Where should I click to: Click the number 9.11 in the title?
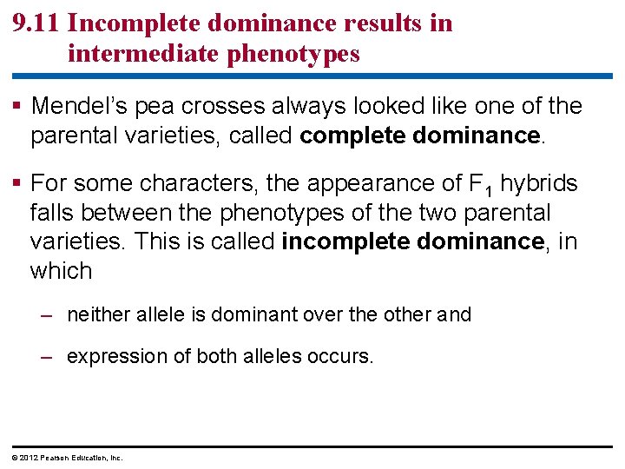click(x=36, y=23)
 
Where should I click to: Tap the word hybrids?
click(x=539, y=183)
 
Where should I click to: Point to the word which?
click(x=61, y=270)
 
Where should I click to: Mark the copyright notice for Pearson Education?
click(x=62, y=458)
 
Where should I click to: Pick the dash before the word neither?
click(x=50, y=315)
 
